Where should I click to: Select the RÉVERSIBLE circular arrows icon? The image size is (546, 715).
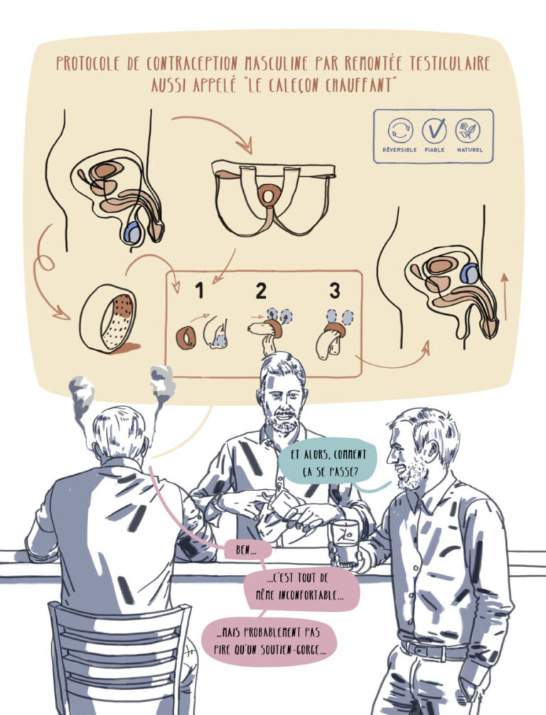click(x=400, y=130)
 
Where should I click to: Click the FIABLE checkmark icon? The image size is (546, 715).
click(x=434, y=130)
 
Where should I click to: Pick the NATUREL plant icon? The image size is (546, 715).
click(x=468, y=130)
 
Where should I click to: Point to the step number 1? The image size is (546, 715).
click(x=200, y=290)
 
